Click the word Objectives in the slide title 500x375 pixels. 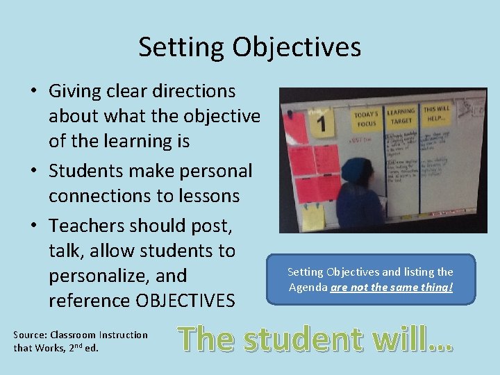click(x=297, y=47)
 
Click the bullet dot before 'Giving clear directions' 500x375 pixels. click(x=33, y=92)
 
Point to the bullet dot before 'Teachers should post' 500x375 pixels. click(x=33, y=226)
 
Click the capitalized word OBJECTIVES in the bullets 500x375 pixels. click(x=185, y=301)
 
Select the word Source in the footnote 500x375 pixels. click(x=31, y=335)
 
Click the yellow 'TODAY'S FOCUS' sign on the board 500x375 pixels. click(x=365, y=119)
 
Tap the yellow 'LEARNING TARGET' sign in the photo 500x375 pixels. click(x=401, y=116)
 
